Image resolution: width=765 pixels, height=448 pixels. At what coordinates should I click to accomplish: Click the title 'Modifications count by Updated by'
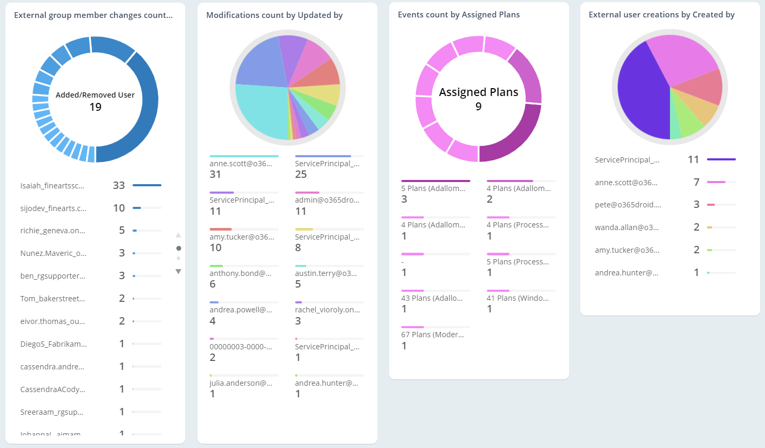click(274, 15)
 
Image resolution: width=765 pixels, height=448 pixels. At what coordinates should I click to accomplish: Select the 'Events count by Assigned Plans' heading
click(458, 15)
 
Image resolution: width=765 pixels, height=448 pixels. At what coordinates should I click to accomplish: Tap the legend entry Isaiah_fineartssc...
click(52, 186)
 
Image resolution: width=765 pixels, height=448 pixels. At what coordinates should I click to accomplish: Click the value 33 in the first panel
click(119, 185)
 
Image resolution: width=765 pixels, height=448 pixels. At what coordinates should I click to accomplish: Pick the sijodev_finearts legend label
click(53, 208)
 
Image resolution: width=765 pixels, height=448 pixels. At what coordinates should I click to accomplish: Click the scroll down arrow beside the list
click(178, 271)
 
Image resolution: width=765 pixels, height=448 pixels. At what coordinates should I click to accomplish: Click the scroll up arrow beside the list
click(178, 235)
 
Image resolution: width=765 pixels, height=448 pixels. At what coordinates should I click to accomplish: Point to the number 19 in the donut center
click(96, 107)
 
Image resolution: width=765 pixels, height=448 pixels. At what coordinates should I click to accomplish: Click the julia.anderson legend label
click(241, 383)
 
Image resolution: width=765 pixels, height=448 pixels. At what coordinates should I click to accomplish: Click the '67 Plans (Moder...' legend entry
click(432, 335)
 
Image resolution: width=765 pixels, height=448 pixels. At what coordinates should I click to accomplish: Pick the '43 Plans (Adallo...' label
click(432, 298)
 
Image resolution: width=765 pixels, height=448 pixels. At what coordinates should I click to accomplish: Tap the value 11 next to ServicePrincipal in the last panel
click(693, 159)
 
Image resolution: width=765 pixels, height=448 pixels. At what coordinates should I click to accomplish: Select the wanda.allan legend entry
click(627, 227)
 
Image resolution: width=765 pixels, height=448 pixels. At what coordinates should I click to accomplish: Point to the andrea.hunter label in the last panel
click(626, 273)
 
